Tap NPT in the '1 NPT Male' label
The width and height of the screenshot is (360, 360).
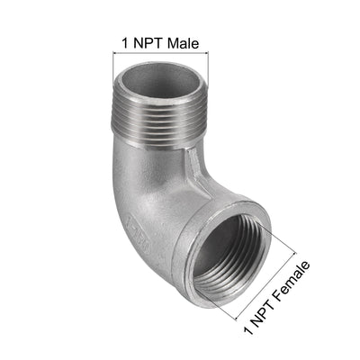pos(147,41)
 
